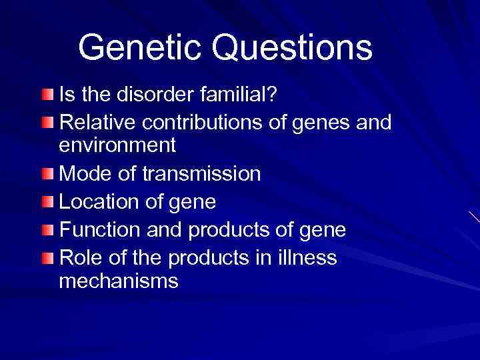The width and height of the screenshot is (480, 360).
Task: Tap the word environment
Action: [x=117, y=145]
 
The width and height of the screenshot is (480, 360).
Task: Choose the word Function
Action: [x=99, y=230]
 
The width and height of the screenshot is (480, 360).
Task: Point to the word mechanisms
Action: [x=119, y=281]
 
